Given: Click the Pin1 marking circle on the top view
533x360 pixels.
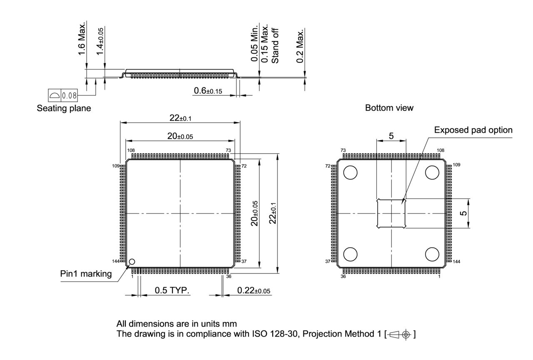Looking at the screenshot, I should point(132,262).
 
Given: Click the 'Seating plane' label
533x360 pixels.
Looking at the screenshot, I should point(64,108).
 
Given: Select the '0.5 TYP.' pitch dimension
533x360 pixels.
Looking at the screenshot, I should point(172,290).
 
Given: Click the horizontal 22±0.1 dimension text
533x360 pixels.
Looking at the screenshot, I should point(180,118).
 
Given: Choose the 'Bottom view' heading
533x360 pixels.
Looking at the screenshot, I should point(389,108).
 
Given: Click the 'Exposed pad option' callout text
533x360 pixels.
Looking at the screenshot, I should point(473,130).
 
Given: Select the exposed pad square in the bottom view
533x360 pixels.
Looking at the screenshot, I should point(391,214).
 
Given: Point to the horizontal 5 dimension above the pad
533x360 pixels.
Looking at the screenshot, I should point(391,136).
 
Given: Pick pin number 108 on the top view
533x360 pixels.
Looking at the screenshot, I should point(130,151).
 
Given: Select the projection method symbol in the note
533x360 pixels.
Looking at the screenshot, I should point(401,334).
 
